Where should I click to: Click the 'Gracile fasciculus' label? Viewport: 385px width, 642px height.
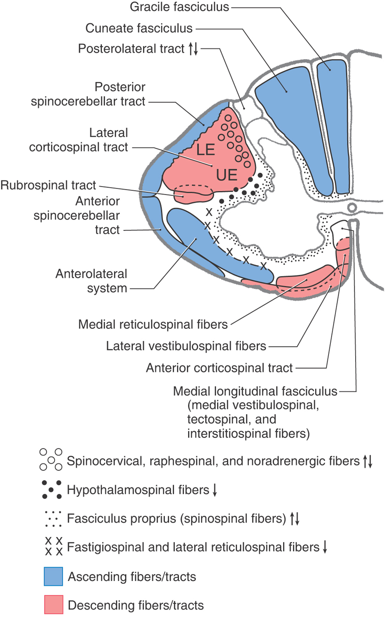tap(179, 7)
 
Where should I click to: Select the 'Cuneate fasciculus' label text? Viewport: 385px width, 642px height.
tap(139, 28)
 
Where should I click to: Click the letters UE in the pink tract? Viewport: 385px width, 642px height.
tap(226, 174)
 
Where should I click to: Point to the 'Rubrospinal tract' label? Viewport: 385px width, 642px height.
tap(49, 185)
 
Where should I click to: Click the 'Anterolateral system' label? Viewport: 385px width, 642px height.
tap(91, 281)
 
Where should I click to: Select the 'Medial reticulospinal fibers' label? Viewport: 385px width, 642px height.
tap(153, 325)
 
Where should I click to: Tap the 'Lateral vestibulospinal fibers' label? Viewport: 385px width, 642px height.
tap(186, 346)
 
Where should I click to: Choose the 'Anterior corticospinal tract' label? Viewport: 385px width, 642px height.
tap(219, 367)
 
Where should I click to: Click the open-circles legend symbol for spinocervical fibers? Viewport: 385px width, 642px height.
tap(50, 459)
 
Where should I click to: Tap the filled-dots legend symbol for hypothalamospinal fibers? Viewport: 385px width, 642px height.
tap(51, 490)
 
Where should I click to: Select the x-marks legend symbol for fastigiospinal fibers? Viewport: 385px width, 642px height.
tap(53, 547)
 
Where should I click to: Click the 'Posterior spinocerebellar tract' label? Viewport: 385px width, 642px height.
tap(88, 94)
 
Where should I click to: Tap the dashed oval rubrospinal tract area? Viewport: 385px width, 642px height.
tap(193, 193)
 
